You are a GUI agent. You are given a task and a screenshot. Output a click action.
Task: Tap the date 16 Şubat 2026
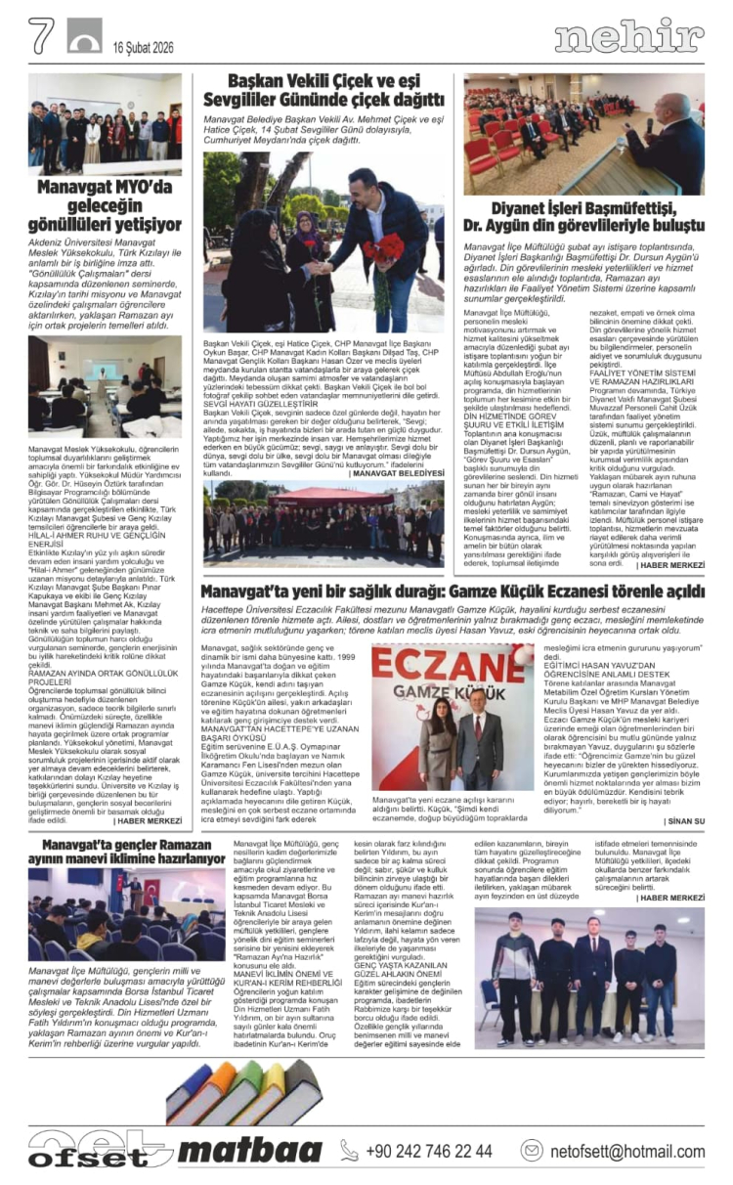click(x=144, y=47)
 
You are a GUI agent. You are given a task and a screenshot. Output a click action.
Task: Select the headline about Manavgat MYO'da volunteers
click(x=105, y=207)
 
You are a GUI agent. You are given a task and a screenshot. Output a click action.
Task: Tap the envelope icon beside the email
click(x=532, y=1151)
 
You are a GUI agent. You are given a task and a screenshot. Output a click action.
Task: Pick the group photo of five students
click(x=589, y=978)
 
